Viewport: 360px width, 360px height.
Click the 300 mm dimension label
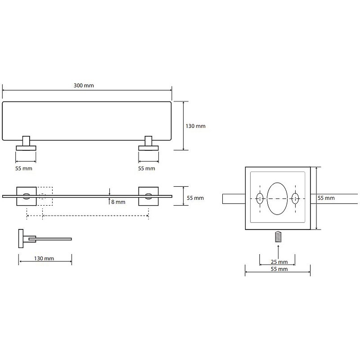[x=84, y=85]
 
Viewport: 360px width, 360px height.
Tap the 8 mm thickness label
[x=118, y=202]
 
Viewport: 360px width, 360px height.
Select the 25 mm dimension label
[x=279, y=262]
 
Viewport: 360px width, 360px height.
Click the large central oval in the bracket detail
[x=277, y=198]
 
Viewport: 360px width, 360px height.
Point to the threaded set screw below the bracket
[x=278, y=237]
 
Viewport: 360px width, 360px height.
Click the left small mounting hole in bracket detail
[x=260, y=198]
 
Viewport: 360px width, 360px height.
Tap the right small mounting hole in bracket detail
[x=295, y=198]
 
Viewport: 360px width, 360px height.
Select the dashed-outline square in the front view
[x=45, y=196]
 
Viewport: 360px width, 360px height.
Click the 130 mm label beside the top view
[x=196, y=126]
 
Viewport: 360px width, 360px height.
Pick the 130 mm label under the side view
[x=44, y=258]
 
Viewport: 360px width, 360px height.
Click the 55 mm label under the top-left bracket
[x=24, y=168]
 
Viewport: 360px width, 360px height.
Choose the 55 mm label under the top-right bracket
[x=147, y=168]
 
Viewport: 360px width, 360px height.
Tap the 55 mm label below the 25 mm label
[x=279, y=269]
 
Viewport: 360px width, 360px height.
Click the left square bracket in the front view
[x=27, y=196]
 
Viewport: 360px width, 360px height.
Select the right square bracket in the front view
[x=148, y=196]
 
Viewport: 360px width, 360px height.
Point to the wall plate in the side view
[x=21, y=238]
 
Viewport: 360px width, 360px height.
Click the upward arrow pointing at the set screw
[x=278, y=252]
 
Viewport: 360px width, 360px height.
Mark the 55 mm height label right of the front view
[x=195, y=198]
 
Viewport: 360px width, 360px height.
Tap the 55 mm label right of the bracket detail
[x=326, y=198]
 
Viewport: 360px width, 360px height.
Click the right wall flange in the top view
[x=148, y=148]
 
